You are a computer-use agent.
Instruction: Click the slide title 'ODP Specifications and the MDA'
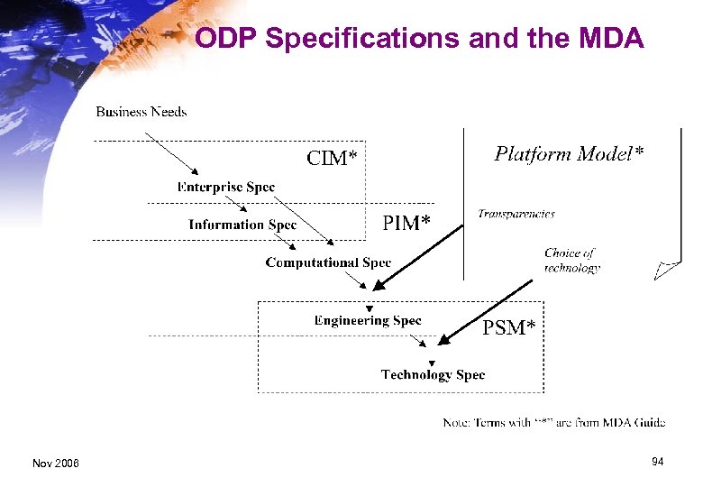coord(419,39)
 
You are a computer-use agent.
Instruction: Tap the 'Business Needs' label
coord(142,112)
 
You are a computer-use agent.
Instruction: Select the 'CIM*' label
coord(332,158)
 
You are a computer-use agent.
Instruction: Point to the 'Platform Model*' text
coord(569,154)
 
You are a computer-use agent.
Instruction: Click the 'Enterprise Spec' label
coord(226,187)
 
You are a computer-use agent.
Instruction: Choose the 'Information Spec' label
coord(242,225)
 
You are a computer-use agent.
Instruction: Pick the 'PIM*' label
coord(406,222)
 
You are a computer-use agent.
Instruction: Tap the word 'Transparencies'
coord(516,214)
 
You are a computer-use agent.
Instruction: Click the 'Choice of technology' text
coord(571,261)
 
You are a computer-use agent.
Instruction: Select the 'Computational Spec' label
coord(328,262)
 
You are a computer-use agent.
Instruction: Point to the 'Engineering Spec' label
coord(368,320)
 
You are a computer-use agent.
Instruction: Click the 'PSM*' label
coord(508,327)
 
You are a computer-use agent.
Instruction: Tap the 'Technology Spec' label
coord(433,374)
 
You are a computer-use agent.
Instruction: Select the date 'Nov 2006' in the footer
coord(56,463)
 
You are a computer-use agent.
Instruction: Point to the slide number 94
coord(658,462)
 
